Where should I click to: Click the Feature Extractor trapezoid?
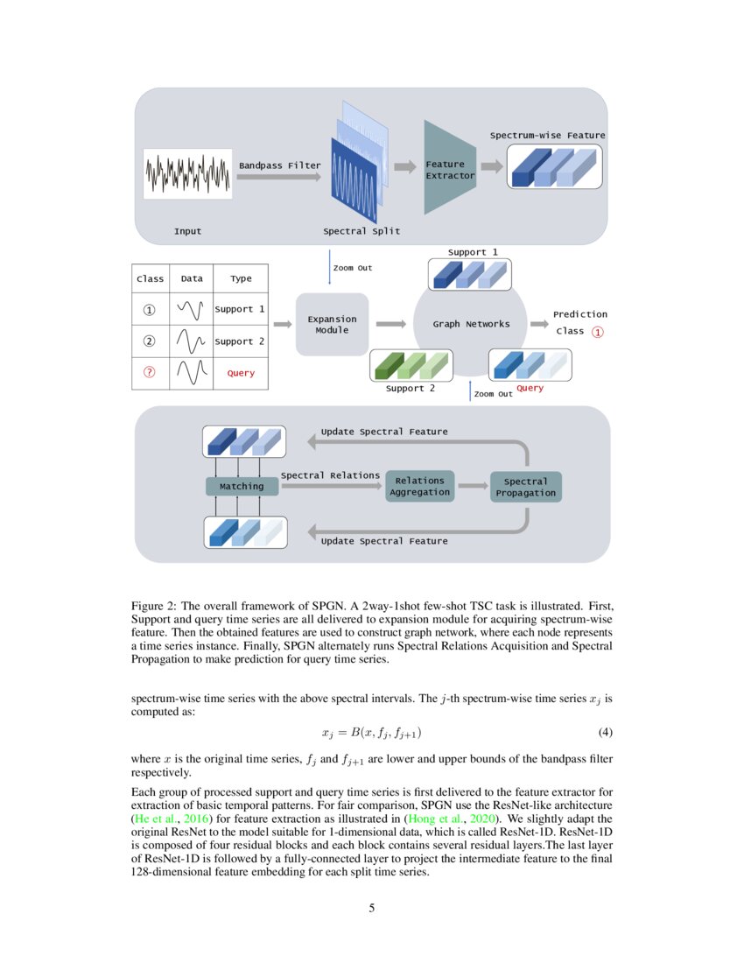point(448,169)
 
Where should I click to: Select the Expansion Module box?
point(332,325)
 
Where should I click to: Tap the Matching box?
point(242,486)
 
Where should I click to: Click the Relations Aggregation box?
point(420,486)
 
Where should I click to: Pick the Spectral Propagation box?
point(525,487)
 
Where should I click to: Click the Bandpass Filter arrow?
point(279,177)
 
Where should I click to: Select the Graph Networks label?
point(471,324)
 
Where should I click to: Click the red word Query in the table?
point(241,373)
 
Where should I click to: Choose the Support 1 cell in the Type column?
point(240,309)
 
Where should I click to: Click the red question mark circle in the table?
point(150,373)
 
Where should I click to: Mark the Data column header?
point(192,278)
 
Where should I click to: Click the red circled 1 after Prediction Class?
point(598,332)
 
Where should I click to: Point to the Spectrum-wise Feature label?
point(547,136)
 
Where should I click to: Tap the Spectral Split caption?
point(361,231)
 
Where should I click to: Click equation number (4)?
point(604,732)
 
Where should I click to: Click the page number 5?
point(372,908)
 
